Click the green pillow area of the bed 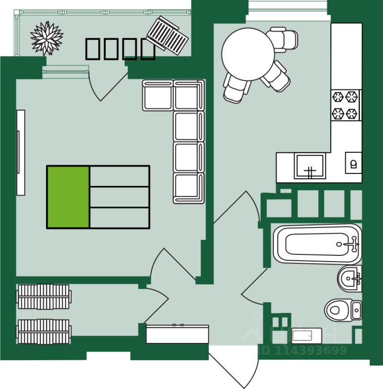(x=68, y=196)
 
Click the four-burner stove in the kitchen (x=345, y=105)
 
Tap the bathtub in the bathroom (x=317, y=244)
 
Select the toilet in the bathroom (x=342, y=309)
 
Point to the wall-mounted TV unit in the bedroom (x=21, y=152)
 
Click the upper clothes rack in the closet (x=44, y=297)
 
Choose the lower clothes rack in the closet (x=44, y=331)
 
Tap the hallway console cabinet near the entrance (x=177, y=334)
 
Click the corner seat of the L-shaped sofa (x=187, y=95)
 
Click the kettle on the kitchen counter (x=353, y=164)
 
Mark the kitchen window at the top (x=288, y=6)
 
